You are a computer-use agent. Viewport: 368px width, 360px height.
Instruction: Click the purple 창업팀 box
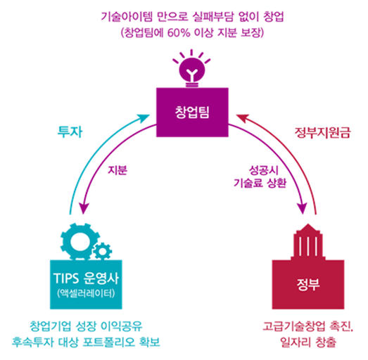(x=192, y=112)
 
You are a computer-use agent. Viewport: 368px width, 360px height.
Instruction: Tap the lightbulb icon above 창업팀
(x=192, y=68)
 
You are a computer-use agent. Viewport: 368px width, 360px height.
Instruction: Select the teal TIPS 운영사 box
(x=86, y=284)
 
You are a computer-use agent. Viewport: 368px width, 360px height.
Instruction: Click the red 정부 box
(x=308, y=284)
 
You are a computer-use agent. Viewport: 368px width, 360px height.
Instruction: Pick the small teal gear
(x=102, y=251)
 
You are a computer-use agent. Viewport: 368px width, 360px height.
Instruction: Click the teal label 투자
(x=70, y=131)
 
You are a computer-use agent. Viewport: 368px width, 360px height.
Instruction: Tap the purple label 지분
(x=118, y=170)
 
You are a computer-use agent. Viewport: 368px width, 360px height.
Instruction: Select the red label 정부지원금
(x=322, y=133)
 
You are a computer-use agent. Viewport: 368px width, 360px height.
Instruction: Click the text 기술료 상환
(x=260, y=183)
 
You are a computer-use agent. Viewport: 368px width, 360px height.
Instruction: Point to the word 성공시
(x=264, y=170)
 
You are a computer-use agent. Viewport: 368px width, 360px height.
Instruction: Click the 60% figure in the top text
(x=179, y=32)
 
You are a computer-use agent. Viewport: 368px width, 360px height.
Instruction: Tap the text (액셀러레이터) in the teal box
(x=86, y=293)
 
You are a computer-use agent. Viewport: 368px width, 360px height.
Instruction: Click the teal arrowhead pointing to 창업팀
(x=144, y=118)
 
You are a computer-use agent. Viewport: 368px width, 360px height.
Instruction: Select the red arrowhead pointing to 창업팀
(x=242, y=118)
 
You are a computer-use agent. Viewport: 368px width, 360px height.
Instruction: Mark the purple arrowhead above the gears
(x=84, y=208)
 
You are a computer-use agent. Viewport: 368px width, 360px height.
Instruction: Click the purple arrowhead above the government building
(x=303, y=208)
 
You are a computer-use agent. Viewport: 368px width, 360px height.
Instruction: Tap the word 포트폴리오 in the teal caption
(x=109, y=342)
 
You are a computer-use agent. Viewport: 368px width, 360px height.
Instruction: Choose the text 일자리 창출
(x=308, y=342)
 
